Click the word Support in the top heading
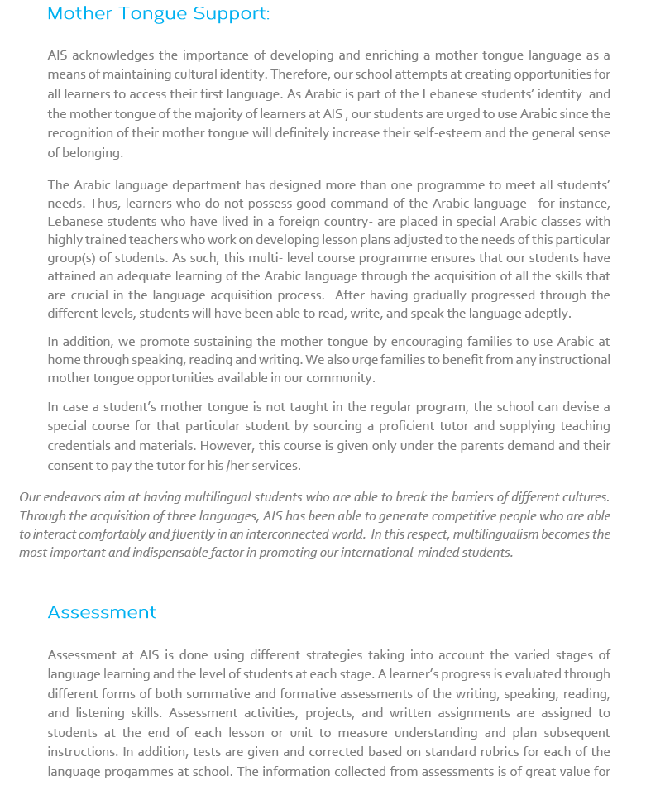[231, 14]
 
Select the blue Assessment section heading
[102, 612]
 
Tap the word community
[341, 378]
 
